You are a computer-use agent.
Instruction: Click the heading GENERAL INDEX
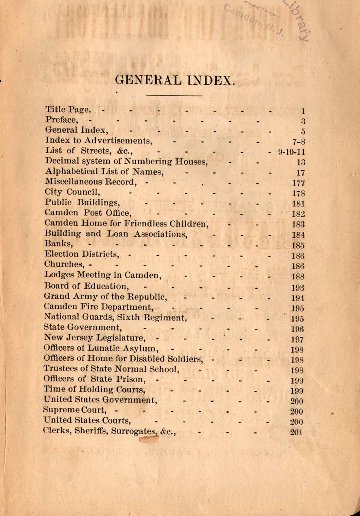click(x=175, y=79)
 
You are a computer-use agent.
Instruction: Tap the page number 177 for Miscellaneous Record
click(x=298, y=183)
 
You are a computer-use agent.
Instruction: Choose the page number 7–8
click(x=298, y=141)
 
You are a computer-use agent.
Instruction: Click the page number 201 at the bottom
click(x=297, y=432)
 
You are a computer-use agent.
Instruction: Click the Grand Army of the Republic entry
click(x=105, y=297)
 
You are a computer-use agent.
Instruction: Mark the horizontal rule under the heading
click(x=174, y=96)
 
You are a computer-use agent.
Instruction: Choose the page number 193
click(x=298, y=288)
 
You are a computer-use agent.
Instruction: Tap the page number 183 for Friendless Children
click(x=298, y=224)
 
